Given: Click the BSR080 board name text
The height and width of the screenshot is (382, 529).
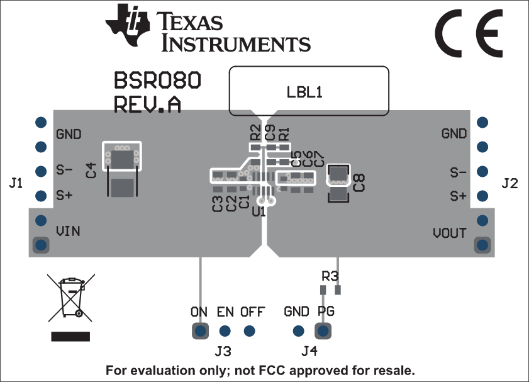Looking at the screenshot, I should click(x=157, y=81).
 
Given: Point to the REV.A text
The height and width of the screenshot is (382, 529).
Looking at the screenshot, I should click(x=147, y=104).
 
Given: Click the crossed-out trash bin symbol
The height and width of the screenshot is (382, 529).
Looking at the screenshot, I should click(x=70, y=298).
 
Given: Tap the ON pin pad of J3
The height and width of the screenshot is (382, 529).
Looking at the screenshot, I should click(x=200, y=330).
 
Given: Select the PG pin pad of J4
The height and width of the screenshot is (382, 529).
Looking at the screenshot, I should click(x=324, y=330).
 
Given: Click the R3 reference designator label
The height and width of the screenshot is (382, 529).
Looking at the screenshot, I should click(x=330, y=276).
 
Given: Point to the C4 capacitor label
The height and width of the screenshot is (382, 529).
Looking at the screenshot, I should click(x=91, y=169).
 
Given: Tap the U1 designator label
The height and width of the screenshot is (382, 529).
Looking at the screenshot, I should click(x=258, y=212).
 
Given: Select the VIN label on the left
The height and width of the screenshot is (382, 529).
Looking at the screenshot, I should click(x=68, y=231).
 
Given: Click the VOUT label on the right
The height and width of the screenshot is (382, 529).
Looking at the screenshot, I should click(x=450, y=233).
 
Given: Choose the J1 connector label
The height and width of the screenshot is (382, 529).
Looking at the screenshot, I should click(x=16, y=184).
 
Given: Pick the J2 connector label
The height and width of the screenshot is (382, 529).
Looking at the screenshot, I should click(x=510, y=184).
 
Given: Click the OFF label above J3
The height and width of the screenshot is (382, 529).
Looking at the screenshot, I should click(x=252, y=312).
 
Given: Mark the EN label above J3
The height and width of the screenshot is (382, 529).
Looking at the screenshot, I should click(x=225, y=312).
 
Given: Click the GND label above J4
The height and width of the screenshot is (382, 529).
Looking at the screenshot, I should click(x=296, y=312).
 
